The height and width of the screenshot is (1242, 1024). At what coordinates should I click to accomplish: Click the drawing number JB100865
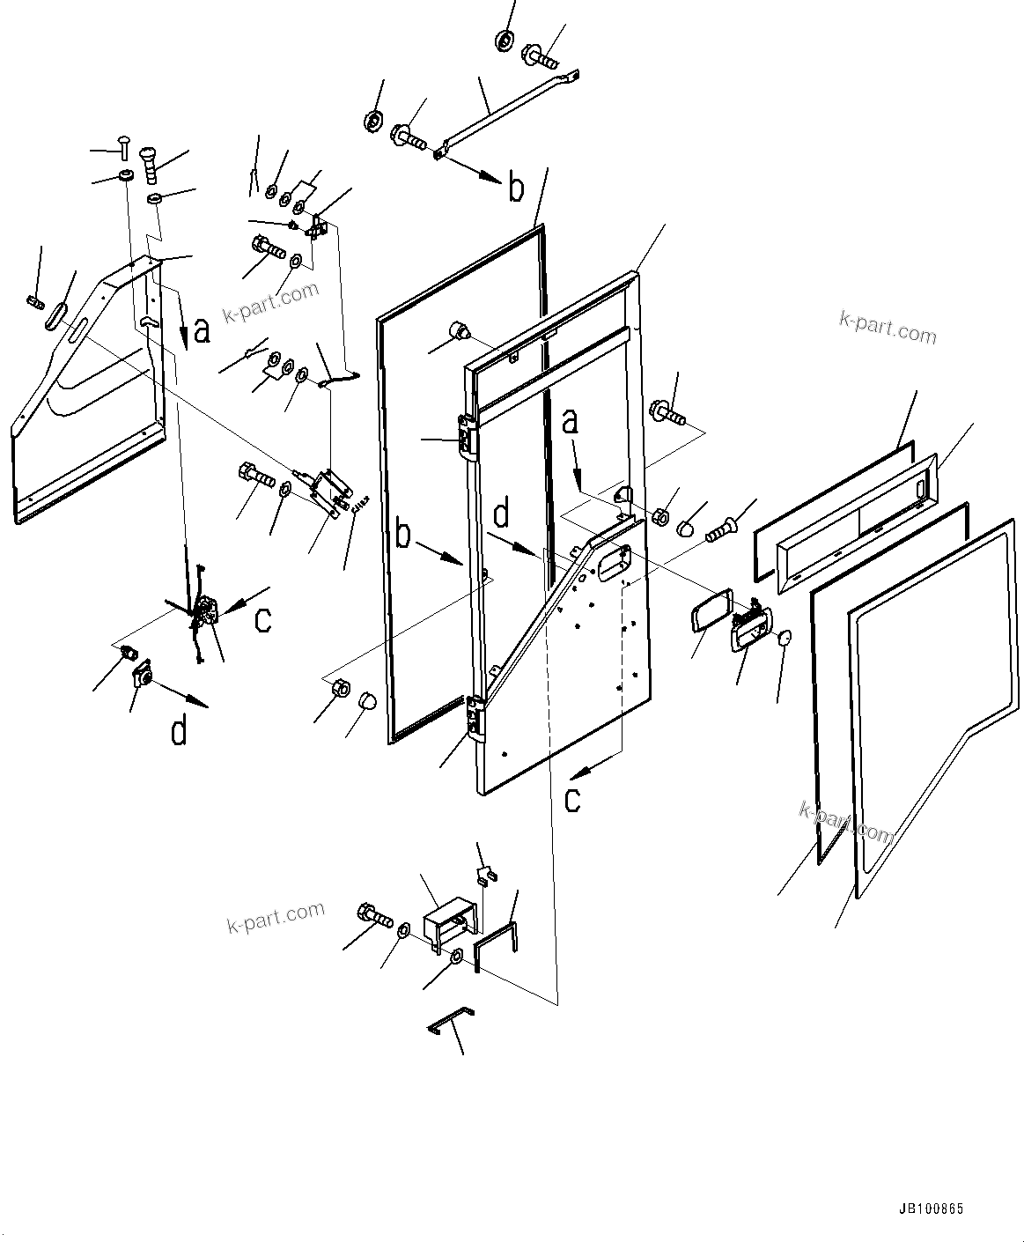[931, 1209]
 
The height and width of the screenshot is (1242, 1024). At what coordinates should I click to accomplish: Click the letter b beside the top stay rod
[516, 188]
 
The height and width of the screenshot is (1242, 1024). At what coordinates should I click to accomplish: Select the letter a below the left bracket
[202, 331]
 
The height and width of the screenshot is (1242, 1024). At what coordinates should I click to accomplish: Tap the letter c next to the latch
[262, 619]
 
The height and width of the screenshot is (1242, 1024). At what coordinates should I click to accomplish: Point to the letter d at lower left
[179, 730]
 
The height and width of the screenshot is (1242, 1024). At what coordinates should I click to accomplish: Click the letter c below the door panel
[573, 799]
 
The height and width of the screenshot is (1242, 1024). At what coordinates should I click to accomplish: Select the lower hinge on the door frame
[475, 715]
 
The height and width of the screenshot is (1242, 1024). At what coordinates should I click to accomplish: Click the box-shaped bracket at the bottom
[449, 924]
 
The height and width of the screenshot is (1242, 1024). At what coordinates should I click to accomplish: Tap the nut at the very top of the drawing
[506, 40]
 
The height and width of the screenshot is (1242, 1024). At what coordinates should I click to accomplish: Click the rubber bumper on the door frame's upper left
[459, 331]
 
